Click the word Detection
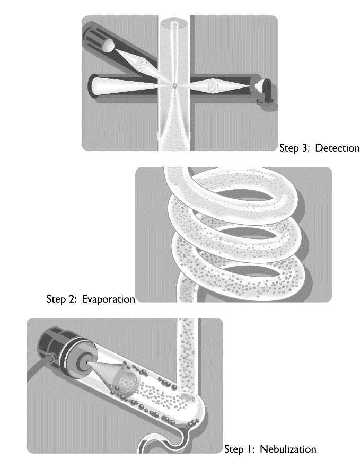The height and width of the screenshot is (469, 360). [x=337, y=148]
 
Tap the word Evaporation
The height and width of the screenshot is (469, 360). [x=108, y=299]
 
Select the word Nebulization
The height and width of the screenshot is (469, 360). [x=288, y=449]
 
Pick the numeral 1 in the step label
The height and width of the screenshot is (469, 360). [x=249, y=449]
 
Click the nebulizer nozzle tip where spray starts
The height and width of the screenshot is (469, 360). [x=87, y=362]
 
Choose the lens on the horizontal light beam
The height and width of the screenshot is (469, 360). [x=213, y=84]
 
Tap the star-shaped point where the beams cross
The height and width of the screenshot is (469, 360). [x=174, y=86]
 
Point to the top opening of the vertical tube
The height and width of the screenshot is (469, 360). [x=174, y=23]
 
